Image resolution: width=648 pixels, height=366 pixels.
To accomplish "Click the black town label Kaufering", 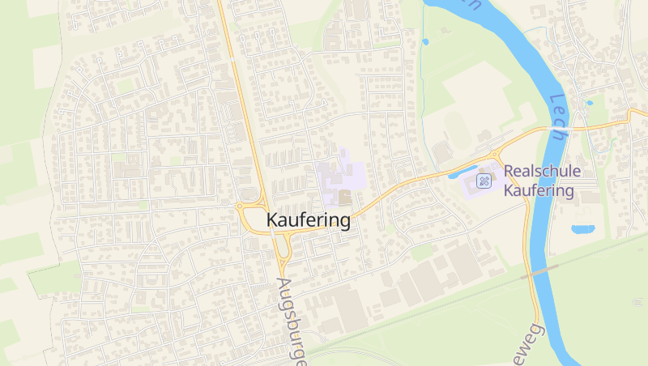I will (x=309, y=220).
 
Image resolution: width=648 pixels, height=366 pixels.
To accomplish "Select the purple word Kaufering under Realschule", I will (x=539, y=191).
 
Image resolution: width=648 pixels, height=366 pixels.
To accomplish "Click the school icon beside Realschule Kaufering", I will (x=485, y=180).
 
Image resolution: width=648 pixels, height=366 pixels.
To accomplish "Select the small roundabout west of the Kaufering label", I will (x=241, y=206).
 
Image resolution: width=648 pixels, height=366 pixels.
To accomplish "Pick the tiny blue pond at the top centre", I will (x=425, y=41).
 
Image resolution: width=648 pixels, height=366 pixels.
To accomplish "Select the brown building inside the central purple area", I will (x=344, y=197).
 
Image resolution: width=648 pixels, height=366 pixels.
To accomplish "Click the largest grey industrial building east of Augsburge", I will (x=350, y=309).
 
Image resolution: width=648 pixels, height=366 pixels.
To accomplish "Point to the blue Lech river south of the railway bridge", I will (x=559, y=324).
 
